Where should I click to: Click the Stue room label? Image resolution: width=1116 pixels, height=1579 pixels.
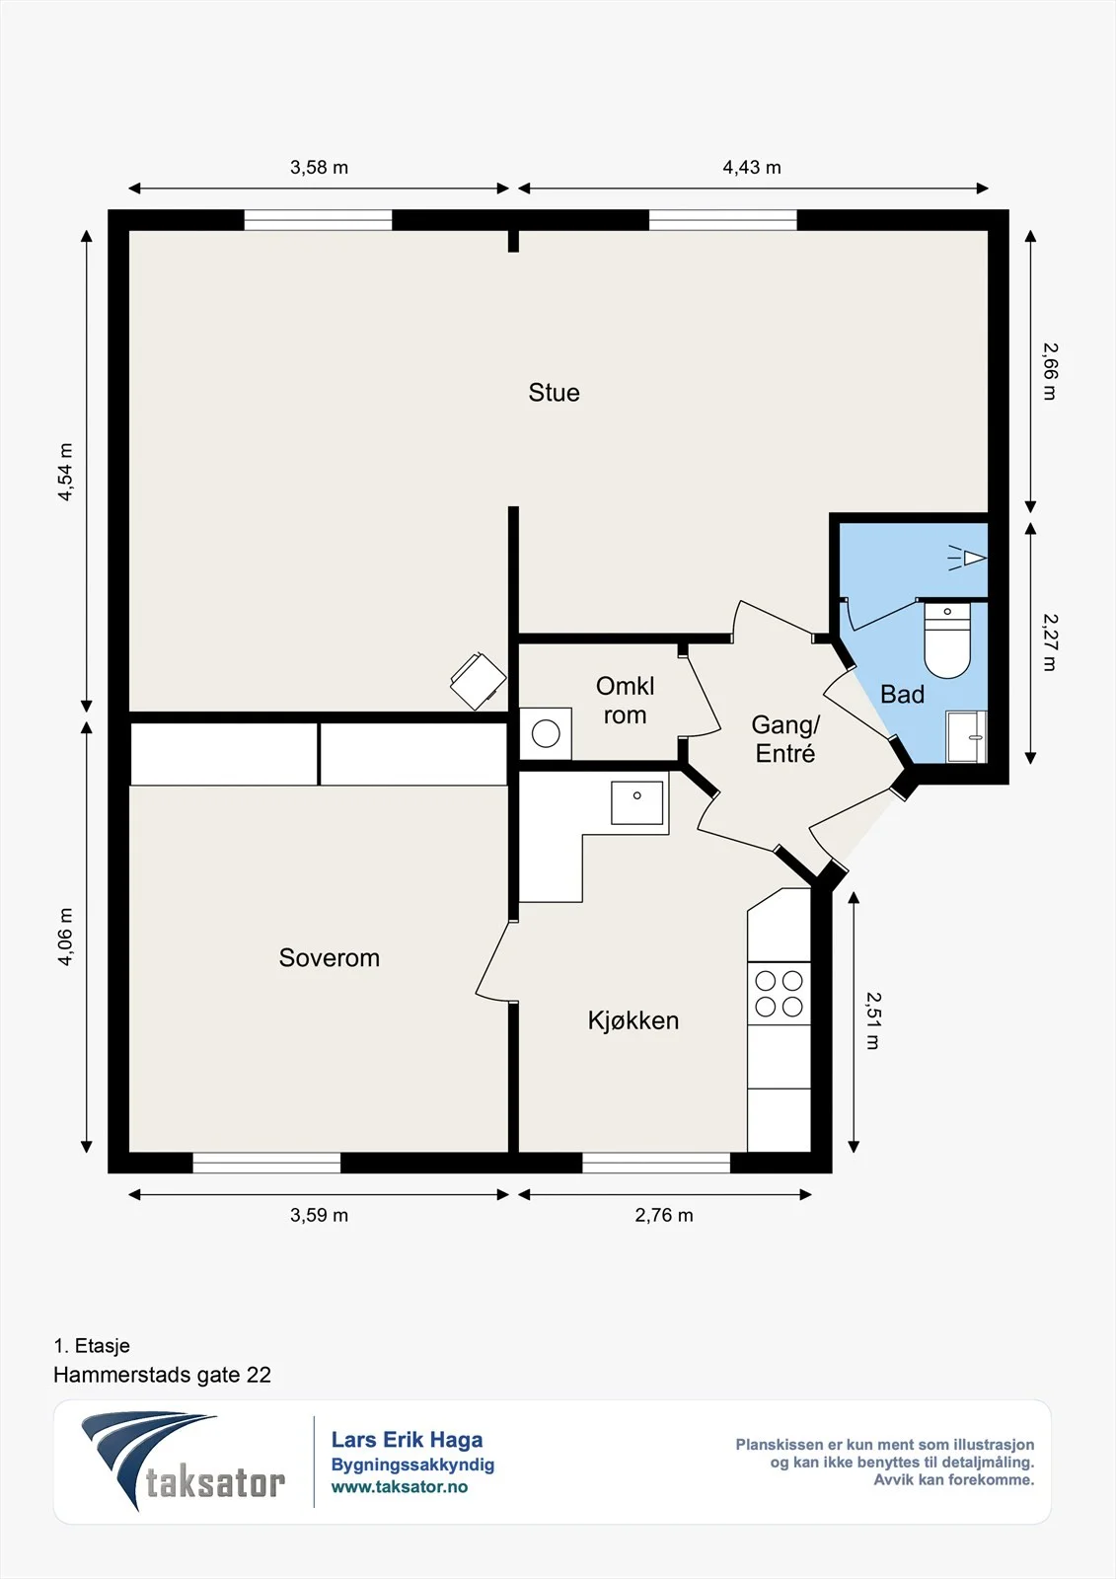click(x=555, y=393)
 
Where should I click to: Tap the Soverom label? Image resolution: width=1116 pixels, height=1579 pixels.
click(x=330, y=957)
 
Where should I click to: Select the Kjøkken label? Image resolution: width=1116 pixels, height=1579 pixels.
click(x=633, y=1020)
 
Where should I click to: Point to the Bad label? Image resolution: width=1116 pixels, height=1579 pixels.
click(x=902, y=695)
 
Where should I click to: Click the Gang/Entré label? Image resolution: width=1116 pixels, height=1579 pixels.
click(x=785, y=739)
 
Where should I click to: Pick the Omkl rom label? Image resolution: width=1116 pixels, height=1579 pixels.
click(x=626, y=700)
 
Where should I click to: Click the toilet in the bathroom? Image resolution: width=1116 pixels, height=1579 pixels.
click(x=947, y=639)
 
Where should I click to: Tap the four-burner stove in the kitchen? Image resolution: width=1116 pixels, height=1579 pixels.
click(x=779, y=993)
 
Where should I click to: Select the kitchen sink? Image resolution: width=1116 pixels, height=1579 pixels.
click(x=636, y=802)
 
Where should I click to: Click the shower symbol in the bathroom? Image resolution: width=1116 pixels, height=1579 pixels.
click(x=967, y=558)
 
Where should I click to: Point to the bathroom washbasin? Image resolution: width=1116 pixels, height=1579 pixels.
click(x=966, y=736)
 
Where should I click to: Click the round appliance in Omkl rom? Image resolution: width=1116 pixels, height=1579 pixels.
click(x=546, y=734)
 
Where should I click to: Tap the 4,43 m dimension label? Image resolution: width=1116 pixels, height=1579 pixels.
click(x=752, y=167)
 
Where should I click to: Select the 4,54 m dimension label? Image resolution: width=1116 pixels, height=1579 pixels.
click(x=65, y=473)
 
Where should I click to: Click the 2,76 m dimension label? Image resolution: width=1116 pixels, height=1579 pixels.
click(x=664, y=1215)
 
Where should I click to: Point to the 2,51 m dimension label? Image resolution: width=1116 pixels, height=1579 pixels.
click(x=873, y=1020)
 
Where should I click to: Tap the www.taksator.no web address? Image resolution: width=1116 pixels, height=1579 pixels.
click(x=400, y=1486)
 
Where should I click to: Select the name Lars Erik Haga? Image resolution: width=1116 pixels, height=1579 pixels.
click(x=408, y=1440)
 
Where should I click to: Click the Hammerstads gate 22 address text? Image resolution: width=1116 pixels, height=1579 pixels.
click(x=162, y=1375)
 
